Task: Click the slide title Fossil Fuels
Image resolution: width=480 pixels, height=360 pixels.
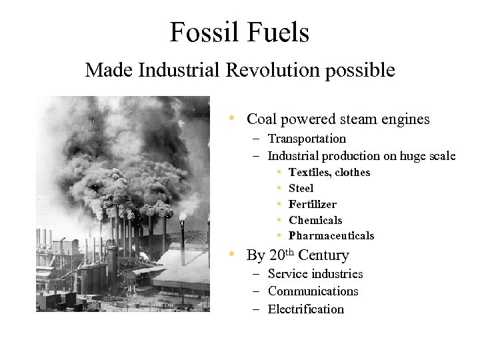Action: pos(239,32)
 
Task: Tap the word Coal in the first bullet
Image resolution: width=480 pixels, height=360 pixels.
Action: pos(262,119)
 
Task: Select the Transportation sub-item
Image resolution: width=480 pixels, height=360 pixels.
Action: pos(307,139)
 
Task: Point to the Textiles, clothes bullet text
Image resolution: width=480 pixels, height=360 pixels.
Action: pos(329,173)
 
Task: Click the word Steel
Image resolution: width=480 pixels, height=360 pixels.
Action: pos(301,189)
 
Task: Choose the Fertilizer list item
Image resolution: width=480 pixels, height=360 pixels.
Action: pos(313,205)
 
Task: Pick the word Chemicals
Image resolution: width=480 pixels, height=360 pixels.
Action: pos(315,221)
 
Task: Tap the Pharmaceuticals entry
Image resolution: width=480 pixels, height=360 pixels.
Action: pos(331,236)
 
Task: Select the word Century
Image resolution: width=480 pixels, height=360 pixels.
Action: pos(323,255)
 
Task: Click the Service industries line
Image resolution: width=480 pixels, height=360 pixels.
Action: pos(315,274)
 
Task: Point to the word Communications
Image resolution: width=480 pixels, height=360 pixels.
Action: pos(313,291)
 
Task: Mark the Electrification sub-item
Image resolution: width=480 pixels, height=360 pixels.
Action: pos(306,309)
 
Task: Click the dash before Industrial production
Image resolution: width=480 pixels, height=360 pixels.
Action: pos(256,157)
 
